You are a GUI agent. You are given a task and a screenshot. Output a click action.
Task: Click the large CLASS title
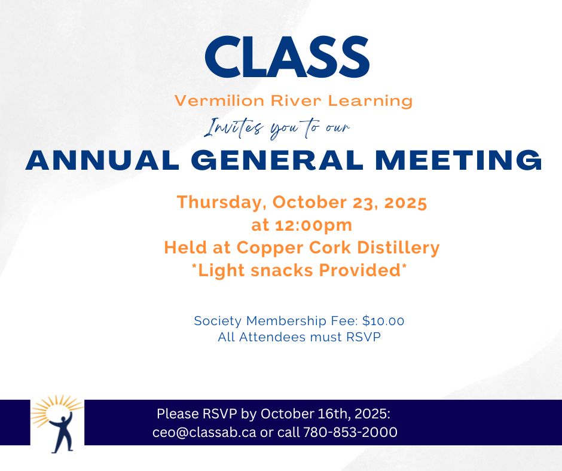pyautogui.click(x=287, y=57)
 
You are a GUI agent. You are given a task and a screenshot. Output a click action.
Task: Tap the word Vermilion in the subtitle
pyautogui.click(x=219, y=101)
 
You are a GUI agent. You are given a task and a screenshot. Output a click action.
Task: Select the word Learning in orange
pyautogui.click(x=371, y=102)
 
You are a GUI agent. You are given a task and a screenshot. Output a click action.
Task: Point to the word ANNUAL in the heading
pyautogui.click(x=102, y=160)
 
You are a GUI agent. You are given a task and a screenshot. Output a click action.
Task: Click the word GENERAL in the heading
pyautogui.click(x=277, y=160)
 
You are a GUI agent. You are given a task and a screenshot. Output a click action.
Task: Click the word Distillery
pyautogui.click(x=398, y=247)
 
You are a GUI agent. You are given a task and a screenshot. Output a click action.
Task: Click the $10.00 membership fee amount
pyautogui.click(x=383, y=321)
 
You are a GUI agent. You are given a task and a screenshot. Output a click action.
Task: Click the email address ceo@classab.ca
pyautogui.click(x=204, y=432)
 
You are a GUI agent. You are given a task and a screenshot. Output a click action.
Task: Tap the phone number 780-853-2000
pyautogui.click(x=350, y=432)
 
